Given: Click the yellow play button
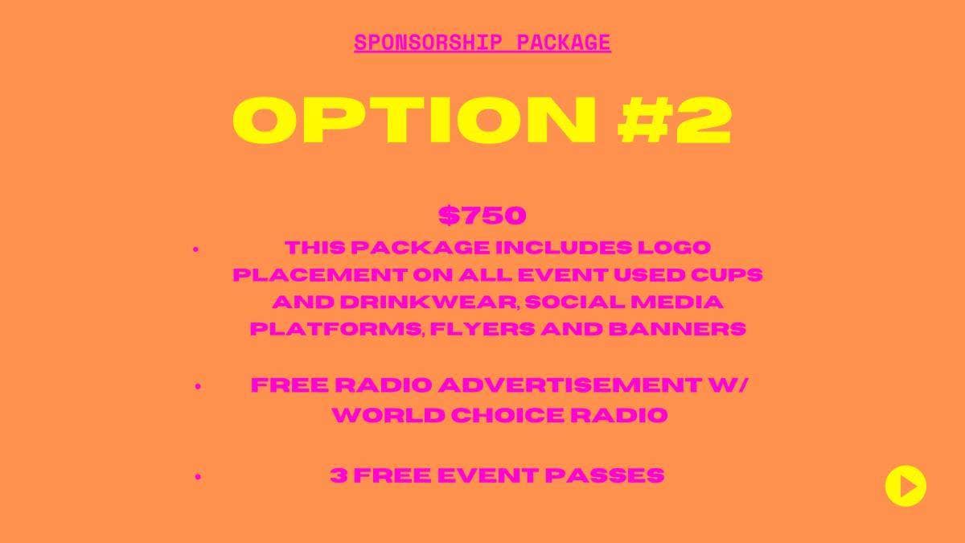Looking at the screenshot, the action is [x=905, y=486].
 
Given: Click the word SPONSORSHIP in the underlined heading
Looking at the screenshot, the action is [x=428, y=42].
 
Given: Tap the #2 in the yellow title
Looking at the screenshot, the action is [x=674, y=120].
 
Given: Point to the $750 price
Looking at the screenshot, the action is [x=482, y=215].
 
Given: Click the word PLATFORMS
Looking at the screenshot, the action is [x=335, y=329].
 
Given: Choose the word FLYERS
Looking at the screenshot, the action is [x=482, y=329].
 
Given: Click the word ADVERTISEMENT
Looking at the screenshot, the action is [x=570, y=385].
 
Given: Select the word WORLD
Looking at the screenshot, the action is [x=388, y=415].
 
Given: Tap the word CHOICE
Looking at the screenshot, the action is [x=508, y=415].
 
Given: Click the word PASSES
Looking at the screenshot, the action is [x=605, y=475].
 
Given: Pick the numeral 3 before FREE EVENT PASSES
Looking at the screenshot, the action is [x=339, y=475].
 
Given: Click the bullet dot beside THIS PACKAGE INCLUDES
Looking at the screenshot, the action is [x=196, y=249].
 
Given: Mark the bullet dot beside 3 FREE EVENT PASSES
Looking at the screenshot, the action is [x=198, y=476].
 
